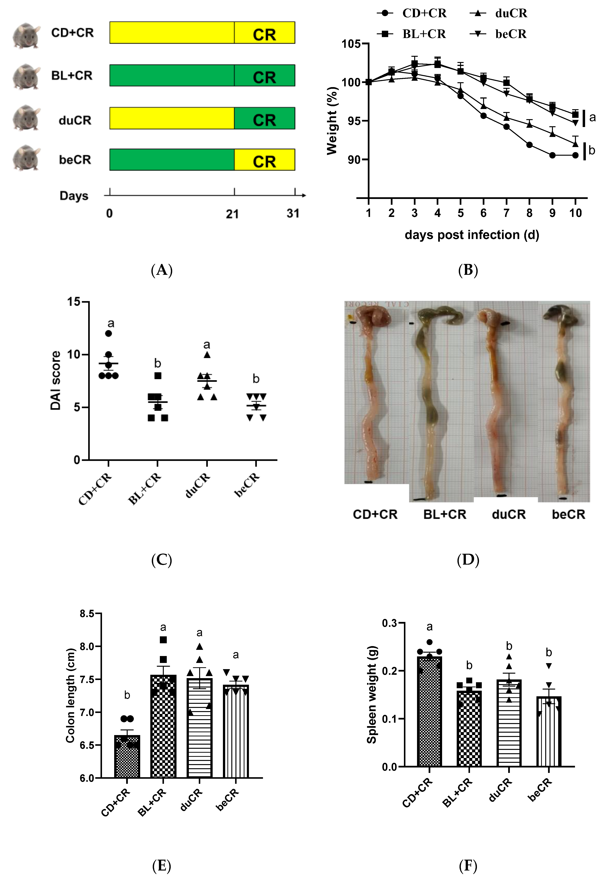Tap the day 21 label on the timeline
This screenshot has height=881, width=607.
point(232,214)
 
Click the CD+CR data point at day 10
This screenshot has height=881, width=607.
point(575,155)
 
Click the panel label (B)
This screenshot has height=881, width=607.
point(468,270)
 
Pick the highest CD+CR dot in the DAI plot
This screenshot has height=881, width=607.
point(108,334)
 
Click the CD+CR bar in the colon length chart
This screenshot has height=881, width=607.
point(127,757)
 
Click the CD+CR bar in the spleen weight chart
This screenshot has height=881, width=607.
point(429,712)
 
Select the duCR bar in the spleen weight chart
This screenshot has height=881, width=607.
point(509,723)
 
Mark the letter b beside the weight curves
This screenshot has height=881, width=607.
point(592,150)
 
